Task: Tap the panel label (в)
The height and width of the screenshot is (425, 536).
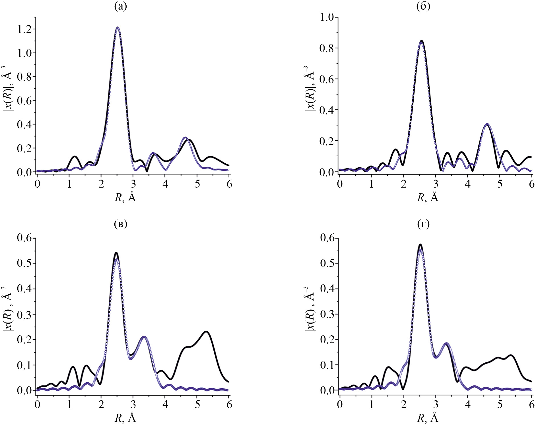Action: (120, 224)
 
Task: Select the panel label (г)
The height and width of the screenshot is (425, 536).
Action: (423, 224)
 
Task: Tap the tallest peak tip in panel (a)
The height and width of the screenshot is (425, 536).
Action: (117, 27)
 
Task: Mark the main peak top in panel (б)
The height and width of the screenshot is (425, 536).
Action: (421, 41)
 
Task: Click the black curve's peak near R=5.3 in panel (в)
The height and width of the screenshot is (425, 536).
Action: (206, 332)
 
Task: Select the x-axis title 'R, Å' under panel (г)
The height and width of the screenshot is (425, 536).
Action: (428, 418)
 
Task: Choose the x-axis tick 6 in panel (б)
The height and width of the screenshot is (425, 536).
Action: (531, 184)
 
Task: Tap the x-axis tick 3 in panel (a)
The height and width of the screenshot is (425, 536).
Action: (133, 184)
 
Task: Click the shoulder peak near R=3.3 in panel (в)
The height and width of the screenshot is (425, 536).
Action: (144, 337)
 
